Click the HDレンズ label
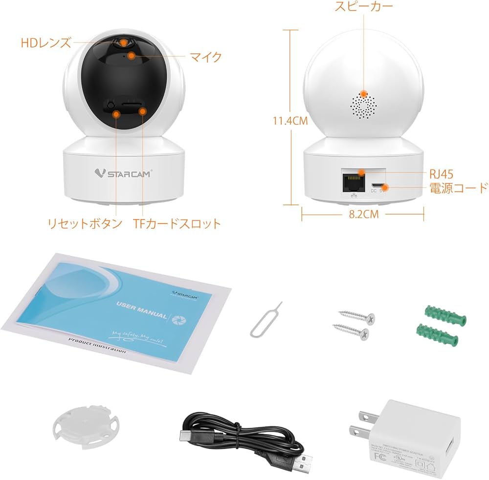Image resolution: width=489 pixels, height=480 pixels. click(x=45, y=43)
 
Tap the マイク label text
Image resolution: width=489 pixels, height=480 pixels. click(x=206, y=57)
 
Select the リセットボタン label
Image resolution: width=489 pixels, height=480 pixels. click(x=84, y=224)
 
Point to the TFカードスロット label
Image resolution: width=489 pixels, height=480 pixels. click(x=177, y=224)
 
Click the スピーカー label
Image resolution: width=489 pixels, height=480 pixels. click(x=364, y=7)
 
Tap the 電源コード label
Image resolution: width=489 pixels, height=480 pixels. click(x=459, y=188)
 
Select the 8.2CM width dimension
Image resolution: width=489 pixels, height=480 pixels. click(x=363, y=214)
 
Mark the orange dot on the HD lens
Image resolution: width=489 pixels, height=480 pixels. click(x=124, y=43)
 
